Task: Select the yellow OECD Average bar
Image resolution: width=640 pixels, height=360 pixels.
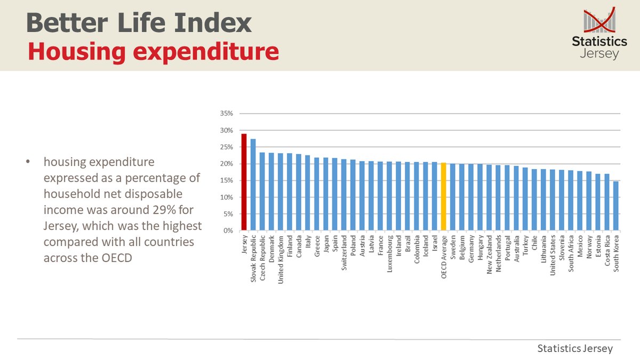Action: (x=444, y=197)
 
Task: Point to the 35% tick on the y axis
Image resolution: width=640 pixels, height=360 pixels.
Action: (x=227, y=114)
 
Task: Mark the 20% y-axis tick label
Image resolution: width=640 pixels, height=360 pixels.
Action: (x=227, y=164)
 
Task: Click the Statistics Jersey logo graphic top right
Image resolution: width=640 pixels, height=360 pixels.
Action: (x=599, y=33)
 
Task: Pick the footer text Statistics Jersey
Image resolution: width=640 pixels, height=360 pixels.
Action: (x=575, y=348)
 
